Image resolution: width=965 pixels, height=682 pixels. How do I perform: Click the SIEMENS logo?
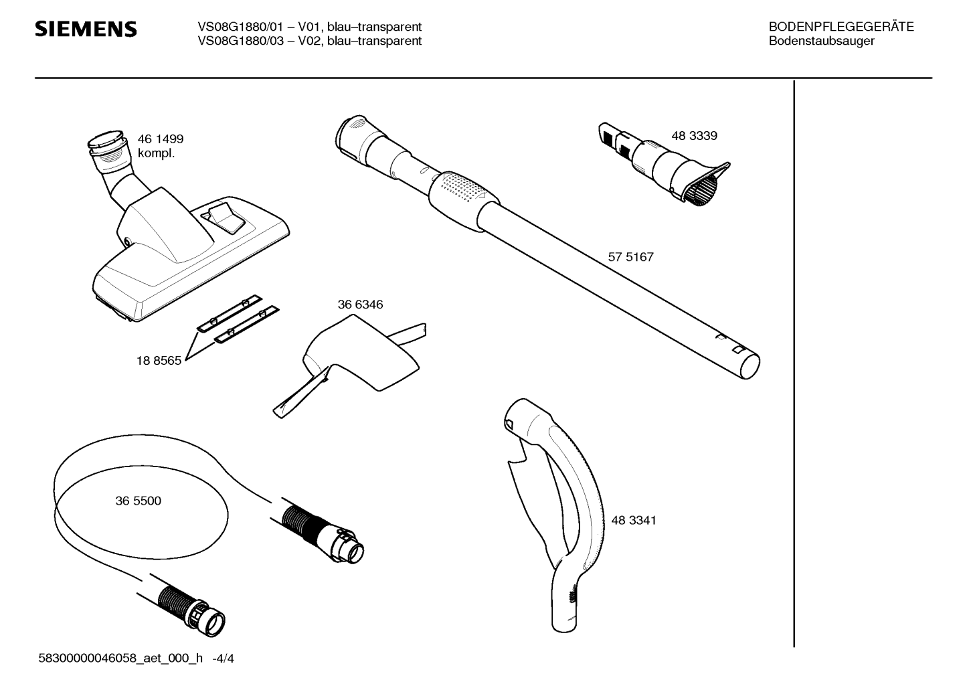[x=86, y=29]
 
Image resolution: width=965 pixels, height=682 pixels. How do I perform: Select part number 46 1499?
[x=160, y=139]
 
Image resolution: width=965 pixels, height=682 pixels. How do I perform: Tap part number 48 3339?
[x=694, y=136]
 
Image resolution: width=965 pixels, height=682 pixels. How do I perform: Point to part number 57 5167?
[x=630, y=257]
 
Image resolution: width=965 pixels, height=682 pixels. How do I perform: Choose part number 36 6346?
[x=360, y=305]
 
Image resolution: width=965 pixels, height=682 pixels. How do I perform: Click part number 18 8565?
[x=159, y=361]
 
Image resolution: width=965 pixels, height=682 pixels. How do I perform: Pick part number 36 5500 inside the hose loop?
[x=139, y=501]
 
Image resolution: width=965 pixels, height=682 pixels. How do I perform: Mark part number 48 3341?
[x=634, y=521]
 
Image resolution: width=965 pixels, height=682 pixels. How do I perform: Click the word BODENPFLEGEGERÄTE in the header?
[x=841, y=27]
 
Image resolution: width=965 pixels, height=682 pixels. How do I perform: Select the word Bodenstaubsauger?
[x=822, y=41]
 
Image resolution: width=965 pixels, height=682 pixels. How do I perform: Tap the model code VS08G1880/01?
[x=240, y=27]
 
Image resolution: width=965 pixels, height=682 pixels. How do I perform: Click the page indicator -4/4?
[x=223, y=659]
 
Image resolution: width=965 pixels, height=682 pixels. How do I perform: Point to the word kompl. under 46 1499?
[x=157, y=153]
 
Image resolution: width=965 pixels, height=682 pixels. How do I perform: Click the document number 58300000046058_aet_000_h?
[x=120, y=659]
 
